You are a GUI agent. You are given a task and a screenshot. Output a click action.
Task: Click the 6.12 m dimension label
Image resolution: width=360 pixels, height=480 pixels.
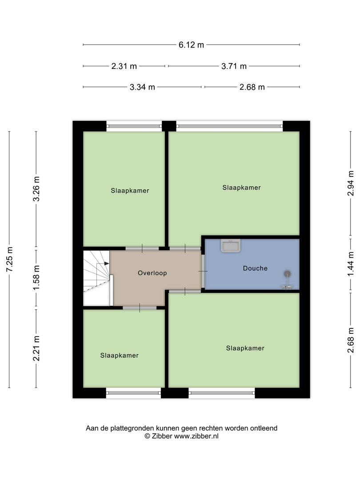tap(191, 45)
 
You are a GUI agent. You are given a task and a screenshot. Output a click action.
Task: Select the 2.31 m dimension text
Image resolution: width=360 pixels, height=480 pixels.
tap(124, 66)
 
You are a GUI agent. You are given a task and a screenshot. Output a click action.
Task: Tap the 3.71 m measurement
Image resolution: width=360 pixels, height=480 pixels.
tap(234, 66)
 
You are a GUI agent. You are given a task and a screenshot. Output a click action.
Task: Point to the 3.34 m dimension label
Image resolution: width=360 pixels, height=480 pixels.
tap(142, 87)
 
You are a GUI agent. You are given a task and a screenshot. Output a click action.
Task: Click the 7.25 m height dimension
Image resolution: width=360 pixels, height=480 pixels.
tap(9, 259)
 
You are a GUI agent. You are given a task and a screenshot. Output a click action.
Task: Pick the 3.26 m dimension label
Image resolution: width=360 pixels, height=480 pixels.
tap(36, 189)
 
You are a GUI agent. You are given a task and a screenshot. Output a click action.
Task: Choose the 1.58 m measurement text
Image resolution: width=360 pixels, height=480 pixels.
tap(36, 277)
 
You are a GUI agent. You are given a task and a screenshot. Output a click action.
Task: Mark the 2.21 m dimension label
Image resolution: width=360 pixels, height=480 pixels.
tap(36, 348)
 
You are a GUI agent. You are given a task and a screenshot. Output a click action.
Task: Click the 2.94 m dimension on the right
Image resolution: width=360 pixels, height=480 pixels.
tap(351, 183)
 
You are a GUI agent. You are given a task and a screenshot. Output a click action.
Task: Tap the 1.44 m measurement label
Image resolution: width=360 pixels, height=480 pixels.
tap(351, 264)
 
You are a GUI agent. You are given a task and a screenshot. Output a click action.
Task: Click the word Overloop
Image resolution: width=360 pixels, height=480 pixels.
tap(152, 273)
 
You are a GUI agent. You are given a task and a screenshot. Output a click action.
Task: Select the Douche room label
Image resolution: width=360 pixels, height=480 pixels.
tap(255, 268)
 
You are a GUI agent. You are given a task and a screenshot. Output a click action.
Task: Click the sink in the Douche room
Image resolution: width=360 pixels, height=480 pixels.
tap(231, 246)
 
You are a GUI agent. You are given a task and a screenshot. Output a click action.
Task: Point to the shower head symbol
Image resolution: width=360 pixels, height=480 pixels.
tap(287, 274)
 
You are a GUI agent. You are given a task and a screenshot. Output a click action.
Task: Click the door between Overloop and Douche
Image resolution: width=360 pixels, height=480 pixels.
tap(203, 271)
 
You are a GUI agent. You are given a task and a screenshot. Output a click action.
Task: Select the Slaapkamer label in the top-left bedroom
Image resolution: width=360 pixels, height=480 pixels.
tap(130, 191)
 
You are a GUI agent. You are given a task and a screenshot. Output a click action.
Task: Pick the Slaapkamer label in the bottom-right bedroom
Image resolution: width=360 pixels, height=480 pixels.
tap(245, 348)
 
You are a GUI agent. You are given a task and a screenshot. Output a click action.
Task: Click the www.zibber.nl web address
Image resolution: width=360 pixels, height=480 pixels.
tap(196, 436)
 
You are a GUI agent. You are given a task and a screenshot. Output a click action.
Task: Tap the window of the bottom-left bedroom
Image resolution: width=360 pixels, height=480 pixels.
tap(133, 393)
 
